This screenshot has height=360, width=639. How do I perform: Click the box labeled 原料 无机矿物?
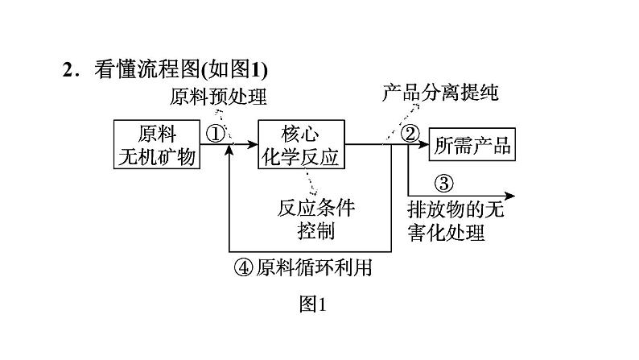pos(157,145)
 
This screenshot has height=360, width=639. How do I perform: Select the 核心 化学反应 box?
pos(301,145)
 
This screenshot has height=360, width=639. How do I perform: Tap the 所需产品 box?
pos(472,146)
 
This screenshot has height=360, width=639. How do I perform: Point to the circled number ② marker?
pos(411,134)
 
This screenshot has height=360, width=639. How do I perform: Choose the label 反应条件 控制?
pos(315,219)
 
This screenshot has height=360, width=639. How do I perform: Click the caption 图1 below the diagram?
pos(311,304)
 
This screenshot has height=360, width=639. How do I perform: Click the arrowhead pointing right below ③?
pos(511,195)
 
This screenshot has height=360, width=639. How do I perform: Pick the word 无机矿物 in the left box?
pos(157,157)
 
